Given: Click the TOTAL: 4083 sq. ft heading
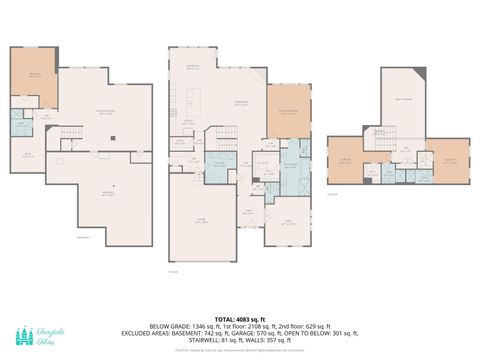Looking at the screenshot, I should coord(239,317).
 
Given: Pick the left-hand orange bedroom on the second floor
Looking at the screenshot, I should coord(347,160).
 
